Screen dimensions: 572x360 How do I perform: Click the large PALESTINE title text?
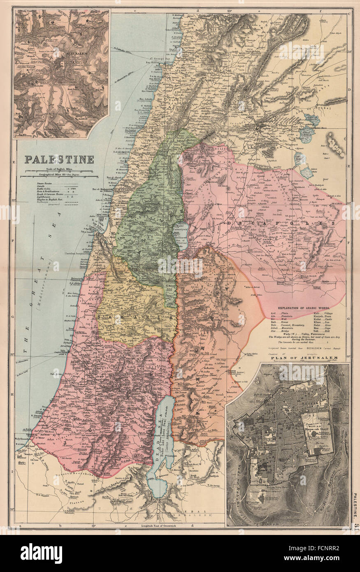coord(59,159)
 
